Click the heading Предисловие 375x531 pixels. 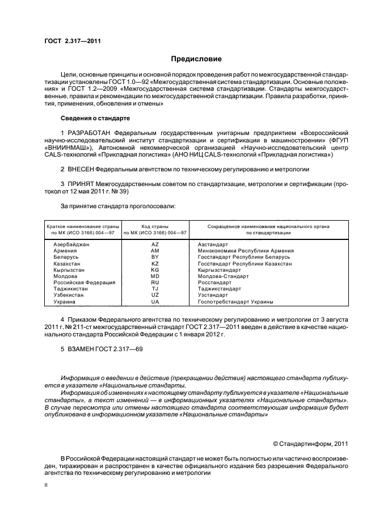click(197, 59)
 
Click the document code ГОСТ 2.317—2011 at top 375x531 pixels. click(73, 40)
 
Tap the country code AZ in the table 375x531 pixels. click(155, 244)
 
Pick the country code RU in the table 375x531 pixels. click(155, 282)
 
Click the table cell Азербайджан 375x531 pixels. click(71, 244)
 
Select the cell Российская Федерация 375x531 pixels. click(84, 282)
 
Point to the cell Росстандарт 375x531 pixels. click(214, 282)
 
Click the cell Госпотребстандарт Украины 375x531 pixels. click(235, 301)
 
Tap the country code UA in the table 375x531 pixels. click(155, 301)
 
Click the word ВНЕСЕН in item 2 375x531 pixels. click(79, 169)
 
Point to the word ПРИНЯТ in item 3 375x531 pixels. click(79, 184)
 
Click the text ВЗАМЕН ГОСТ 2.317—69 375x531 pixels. click(102, 349)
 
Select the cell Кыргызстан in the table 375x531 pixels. click(69, 269)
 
